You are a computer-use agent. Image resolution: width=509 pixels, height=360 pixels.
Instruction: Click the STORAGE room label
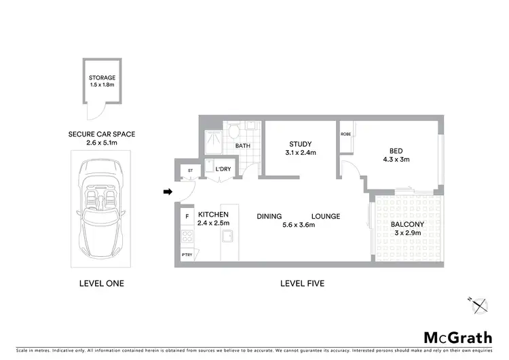[102, 78]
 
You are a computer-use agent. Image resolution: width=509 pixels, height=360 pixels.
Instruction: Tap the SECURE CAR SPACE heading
[102, 134]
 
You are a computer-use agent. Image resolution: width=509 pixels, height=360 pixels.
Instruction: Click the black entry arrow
[168, 192]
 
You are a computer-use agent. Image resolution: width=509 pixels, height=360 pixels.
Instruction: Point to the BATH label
[242, 146]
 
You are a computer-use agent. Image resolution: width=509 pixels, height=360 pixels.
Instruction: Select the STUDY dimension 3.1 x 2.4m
[300, 153]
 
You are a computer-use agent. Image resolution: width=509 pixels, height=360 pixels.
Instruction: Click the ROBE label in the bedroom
[345, 134]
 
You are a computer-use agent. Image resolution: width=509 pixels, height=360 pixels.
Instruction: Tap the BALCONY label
[407, 225]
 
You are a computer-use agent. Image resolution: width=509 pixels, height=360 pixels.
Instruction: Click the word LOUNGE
[326, 216]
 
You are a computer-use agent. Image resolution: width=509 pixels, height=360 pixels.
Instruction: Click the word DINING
[269, 216]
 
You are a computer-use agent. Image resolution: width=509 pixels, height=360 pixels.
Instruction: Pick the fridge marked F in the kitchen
[187, 217]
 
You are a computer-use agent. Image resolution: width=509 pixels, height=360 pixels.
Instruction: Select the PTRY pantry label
[187, 255]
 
